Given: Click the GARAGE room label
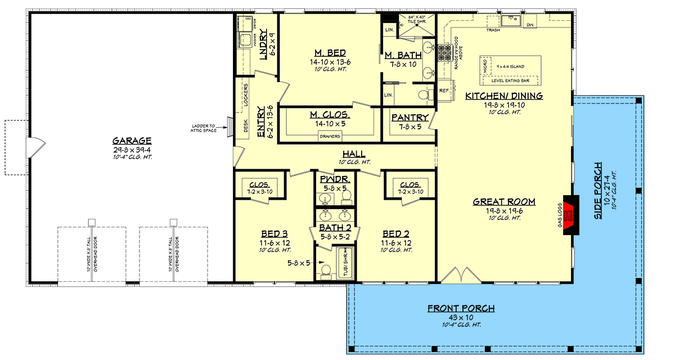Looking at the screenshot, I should (x=132, y=141).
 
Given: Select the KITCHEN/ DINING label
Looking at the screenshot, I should (x=503, y=96).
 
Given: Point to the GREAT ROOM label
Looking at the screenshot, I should (x=503, y=202).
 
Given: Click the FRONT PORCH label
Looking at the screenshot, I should (x=461, y=308).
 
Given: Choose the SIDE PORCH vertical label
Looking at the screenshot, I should (x=597, y=191).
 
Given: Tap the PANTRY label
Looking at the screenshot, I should (x=410, y=118).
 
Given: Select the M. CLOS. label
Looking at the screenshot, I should (x=330, y=115).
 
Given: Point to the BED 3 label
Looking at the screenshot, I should (x=274, y=234).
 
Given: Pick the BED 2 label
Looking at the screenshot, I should (x=395, y=234).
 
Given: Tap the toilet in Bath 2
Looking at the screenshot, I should (x=324, y=272).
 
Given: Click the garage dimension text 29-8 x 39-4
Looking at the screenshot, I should (x=132, y=150).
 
